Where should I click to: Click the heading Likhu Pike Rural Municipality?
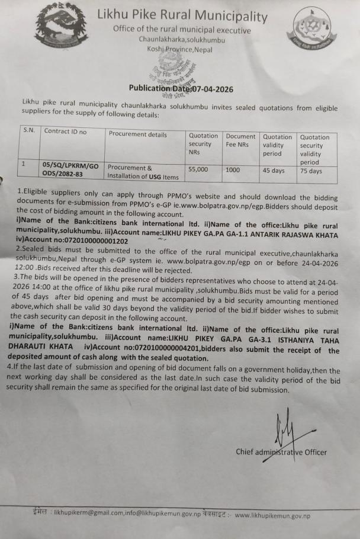pos(182,16)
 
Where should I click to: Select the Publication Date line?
pos(181,89)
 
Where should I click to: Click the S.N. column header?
pos(28,130)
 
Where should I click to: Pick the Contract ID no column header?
pos(65,131)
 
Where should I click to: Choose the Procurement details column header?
pos(138,134)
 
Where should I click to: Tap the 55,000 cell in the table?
pos(198,169)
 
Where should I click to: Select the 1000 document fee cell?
pos(233,169)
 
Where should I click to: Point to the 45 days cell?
pos(274,170)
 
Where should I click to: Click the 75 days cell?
pos(311,171)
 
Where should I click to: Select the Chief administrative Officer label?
pos(281,452)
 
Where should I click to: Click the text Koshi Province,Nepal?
pos(179,49)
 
